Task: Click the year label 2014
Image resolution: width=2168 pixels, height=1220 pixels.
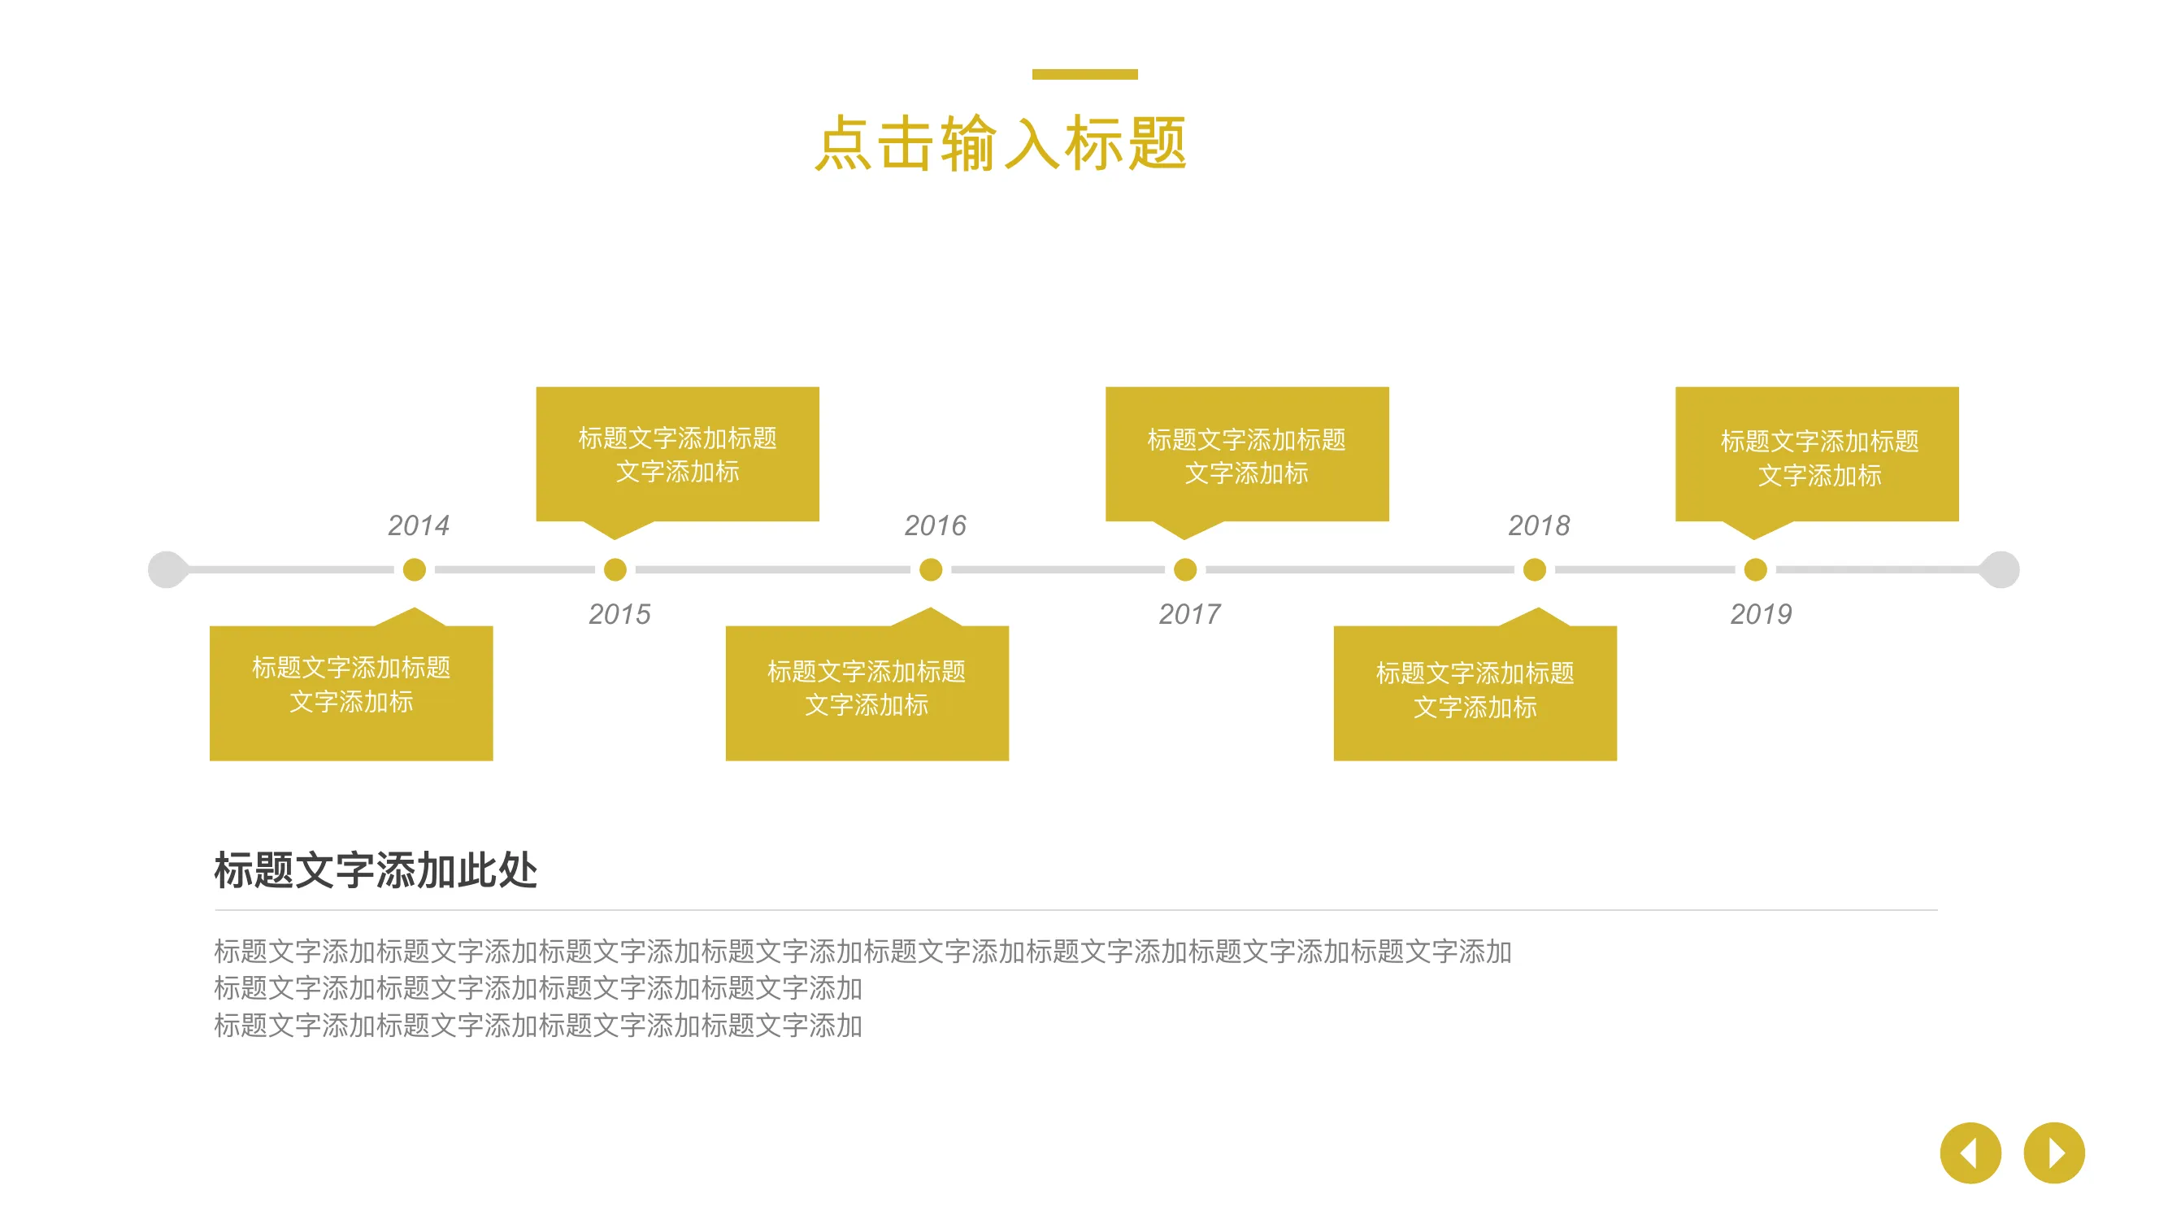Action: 419,525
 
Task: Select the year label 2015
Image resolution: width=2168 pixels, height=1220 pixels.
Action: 619,614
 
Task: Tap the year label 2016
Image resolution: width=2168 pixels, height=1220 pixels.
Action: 935,525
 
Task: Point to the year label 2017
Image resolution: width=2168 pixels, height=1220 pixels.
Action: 1189,614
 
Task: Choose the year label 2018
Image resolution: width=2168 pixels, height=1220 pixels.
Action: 1539,525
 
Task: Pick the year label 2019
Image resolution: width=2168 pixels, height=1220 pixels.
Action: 1761,614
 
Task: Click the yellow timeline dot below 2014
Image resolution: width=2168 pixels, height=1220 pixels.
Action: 414,570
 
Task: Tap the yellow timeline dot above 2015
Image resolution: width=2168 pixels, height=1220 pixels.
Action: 615,570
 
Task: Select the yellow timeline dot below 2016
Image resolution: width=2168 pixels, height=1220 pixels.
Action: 931,570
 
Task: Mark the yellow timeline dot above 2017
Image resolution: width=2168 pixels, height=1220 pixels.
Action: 1185,570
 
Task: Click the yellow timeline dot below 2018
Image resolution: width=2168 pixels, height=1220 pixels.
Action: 1534,570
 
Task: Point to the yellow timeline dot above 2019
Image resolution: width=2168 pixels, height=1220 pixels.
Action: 1756,570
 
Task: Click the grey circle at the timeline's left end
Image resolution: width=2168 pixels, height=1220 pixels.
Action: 167,570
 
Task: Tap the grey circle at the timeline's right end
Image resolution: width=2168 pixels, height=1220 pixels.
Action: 2001,570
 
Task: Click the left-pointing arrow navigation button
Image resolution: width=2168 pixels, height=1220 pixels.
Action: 1970,1152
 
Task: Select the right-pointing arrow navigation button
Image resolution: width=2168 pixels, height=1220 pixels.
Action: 2054,1152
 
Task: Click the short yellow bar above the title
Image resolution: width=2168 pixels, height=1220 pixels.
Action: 1085,74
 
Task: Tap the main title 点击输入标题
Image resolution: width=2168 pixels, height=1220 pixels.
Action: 1001,144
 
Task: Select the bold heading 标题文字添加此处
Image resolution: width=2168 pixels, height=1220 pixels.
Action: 376,869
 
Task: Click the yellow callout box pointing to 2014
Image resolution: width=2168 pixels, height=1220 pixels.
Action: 351,692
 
